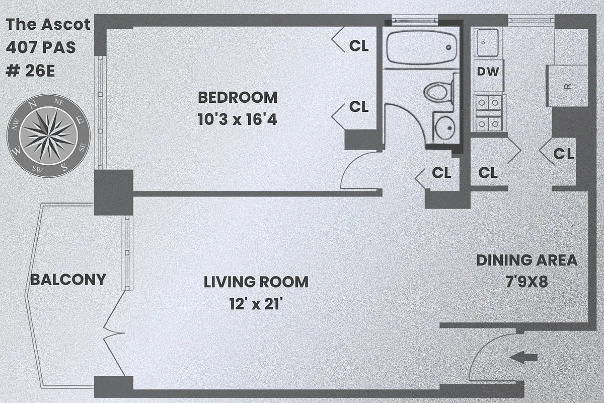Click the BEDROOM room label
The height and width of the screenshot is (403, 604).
(237, 97)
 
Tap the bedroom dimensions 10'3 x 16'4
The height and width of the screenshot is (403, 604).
(237, 120)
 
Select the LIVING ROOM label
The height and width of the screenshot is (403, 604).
(256, 282)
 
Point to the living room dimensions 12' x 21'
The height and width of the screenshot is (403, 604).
(256, 305)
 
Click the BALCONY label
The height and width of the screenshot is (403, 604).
(68, 280)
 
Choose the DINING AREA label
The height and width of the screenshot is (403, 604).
(526, 260)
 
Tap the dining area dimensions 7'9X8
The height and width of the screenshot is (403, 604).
(526, 282)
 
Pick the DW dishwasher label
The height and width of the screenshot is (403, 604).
(488, 72)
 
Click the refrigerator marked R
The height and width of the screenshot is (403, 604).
(567, 86)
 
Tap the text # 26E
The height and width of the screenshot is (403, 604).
(30, 71)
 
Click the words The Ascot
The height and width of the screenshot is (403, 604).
(48, 24)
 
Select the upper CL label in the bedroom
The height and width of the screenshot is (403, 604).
(359, 46)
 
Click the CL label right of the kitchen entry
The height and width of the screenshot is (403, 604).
(564, 154)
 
